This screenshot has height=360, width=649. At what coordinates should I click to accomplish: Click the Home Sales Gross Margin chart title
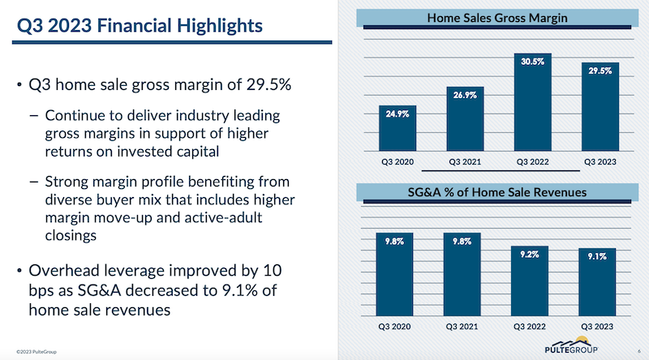pos(496,16)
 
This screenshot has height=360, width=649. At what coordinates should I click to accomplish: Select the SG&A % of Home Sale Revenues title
pos(496,192)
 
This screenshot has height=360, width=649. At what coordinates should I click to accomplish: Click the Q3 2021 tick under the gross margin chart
pos(462,161)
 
